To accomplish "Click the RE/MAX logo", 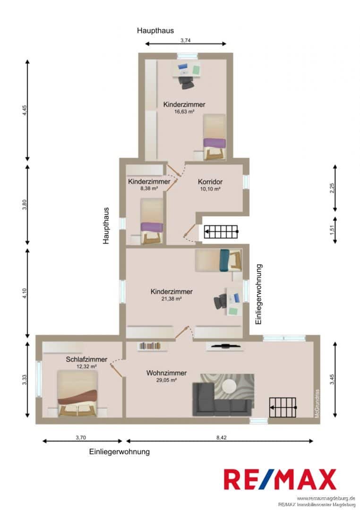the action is click(x=280, y=479).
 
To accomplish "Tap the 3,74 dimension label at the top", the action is click(x=185, y=41).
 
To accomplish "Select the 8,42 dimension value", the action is click(x=221, y=437).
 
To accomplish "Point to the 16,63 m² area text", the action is click(x=184, y=111).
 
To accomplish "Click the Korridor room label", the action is click(x=210, y=182).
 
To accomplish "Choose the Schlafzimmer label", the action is click(x=86, y=359).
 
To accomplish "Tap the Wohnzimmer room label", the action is click(x=167, y=373).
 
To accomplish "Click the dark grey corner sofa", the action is click(x=222, y=399).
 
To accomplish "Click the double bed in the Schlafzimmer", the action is click(x=77, y=393).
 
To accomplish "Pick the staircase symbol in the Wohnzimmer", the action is click(x=283, y=408).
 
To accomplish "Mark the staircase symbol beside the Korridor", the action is click(x=221, y=231).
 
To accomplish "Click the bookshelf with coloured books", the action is click(x=150, y=346).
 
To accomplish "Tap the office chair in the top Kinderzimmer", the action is click(x=186, y=83).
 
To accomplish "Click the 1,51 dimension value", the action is click(x=332, y=230).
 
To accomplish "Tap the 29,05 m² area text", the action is click(x=166, y=380).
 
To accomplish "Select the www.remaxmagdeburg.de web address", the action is click(x=326, y=498).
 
